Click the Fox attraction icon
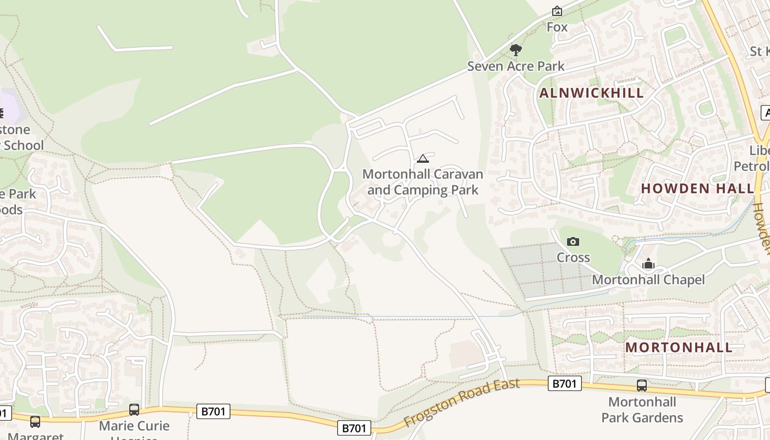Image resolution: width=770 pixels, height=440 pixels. coord(557,11)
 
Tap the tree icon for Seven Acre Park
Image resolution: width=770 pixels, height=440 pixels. coord(515,50)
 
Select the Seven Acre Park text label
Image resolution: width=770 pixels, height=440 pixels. coord(515,66)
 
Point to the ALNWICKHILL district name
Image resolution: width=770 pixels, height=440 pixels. coord(591,93)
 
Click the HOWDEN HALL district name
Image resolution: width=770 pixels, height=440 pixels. coord(697,188)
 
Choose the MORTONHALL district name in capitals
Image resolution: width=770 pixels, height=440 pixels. coord(679,347)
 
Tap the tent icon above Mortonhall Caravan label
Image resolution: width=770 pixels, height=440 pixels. coord(422,159)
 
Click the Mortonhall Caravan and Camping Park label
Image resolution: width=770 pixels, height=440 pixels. coord(422,182)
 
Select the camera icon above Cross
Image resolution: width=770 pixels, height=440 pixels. coord(573,241)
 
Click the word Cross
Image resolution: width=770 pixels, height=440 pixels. coord(573,257)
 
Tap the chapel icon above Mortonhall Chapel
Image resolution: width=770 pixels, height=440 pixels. coord(648,264)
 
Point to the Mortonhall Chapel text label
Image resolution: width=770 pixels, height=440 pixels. coord(648,280)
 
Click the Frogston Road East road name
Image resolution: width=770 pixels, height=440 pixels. coord(461,402)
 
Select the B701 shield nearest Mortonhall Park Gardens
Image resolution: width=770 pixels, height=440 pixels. coord(564,383)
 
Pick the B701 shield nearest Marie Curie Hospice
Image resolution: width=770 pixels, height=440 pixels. coord(213,411)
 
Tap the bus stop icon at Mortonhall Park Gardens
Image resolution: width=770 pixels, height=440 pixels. coord(641,386)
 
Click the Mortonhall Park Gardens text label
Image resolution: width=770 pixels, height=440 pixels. coord(642,410)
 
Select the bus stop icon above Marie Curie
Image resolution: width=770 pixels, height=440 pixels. coord(134,410)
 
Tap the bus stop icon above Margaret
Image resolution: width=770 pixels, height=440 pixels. coord(35,422)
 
